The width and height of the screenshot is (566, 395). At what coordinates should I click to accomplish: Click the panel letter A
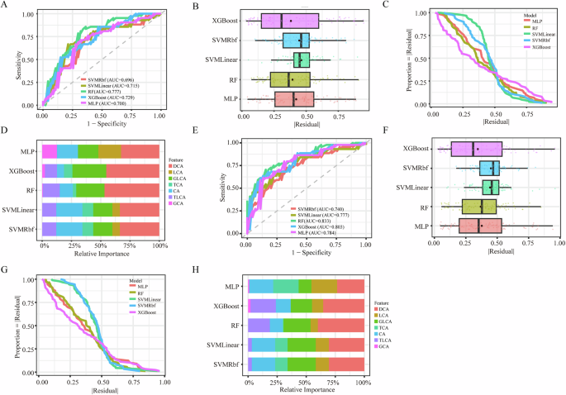pos(6,7)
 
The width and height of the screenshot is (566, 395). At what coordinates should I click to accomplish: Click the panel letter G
pos(6,270)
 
